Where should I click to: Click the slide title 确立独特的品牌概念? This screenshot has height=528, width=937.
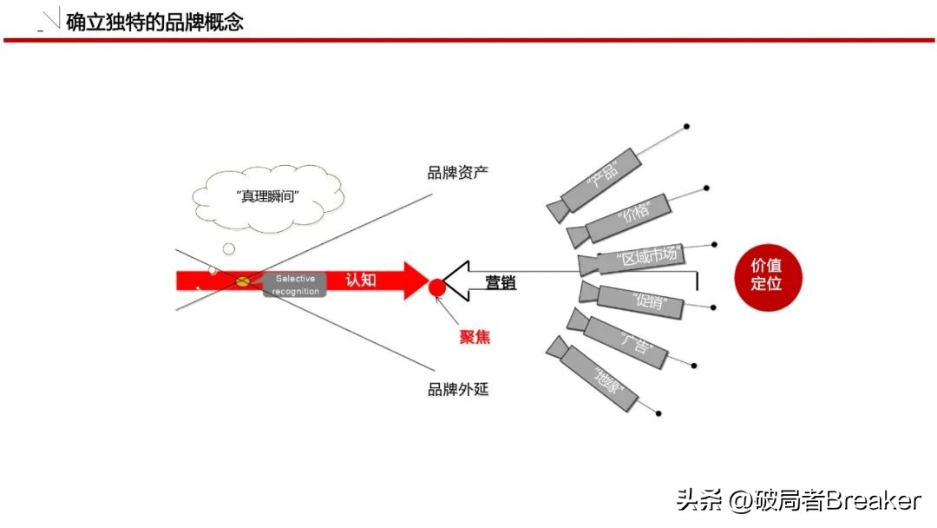point(154,21)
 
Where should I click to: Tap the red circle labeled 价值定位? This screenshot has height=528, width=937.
point(766,274)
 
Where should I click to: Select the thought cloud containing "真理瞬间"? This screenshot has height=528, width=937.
point(268,197)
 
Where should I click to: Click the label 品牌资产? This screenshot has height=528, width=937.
point(457,172)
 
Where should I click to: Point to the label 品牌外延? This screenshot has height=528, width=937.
point(458,389)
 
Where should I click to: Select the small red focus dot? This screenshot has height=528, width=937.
point(437,287)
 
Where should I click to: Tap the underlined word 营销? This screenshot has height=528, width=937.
point(501,282)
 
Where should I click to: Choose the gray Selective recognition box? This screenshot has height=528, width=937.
point(296,284)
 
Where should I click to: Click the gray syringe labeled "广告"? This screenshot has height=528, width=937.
point(626,340)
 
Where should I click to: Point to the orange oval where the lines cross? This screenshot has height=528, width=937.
point(244,281)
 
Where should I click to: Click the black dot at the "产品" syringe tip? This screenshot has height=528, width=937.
point(686,127)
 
